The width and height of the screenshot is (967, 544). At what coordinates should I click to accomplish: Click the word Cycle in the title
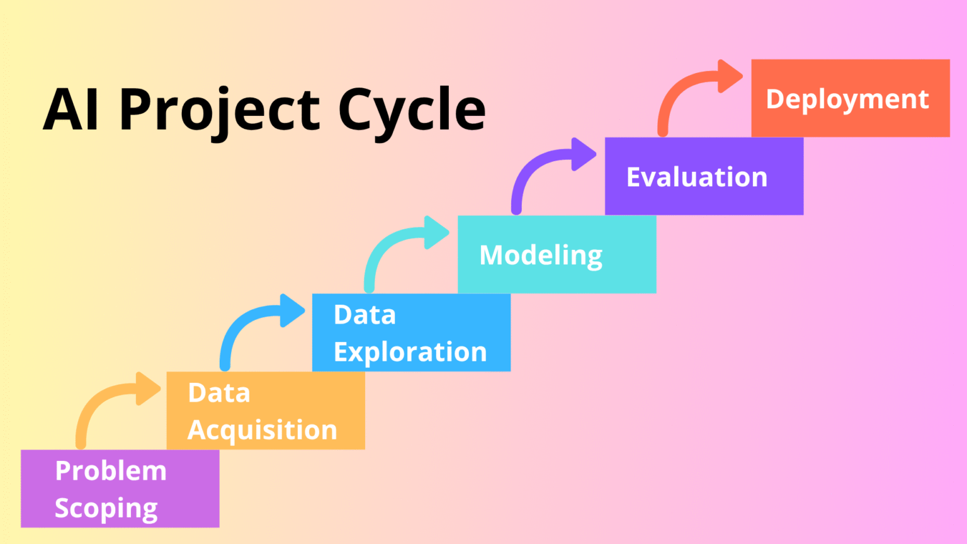(412, 110)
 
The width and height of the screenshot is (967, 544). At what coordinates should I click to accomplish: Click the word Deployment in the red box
(847, 99)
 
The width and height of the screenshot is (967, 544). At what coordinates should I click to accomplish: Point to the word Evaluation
(696, 178)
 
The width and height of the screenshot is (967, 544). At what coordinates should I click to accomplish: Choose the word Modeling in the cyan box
(541, 256)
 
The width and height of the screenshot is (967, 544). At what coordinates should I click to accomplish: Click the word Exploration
(410, 352)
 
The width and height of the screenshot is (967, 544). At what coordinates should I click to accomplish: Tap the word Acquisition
(263, 430)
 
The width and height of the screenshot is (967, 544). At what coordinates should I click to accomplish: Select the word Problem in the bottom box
(111, 471)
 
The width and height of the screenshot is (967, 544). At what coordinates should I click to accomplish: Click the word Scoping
(106, 509)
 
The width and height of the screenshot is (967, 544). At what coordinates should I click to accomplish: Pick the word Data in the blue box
(365, 315)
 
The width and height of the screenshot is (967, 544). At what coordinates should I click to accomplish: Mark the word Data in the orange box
(219, 393)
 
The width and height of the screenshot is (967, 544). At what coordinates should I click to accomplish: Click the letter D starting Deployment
(776, 99)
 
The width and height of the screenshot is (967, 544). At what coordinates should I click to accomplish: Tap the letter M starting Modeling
(492, 255)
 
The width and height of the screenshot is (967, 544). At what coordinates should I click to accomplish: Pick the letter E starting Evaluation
(635, 178)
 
